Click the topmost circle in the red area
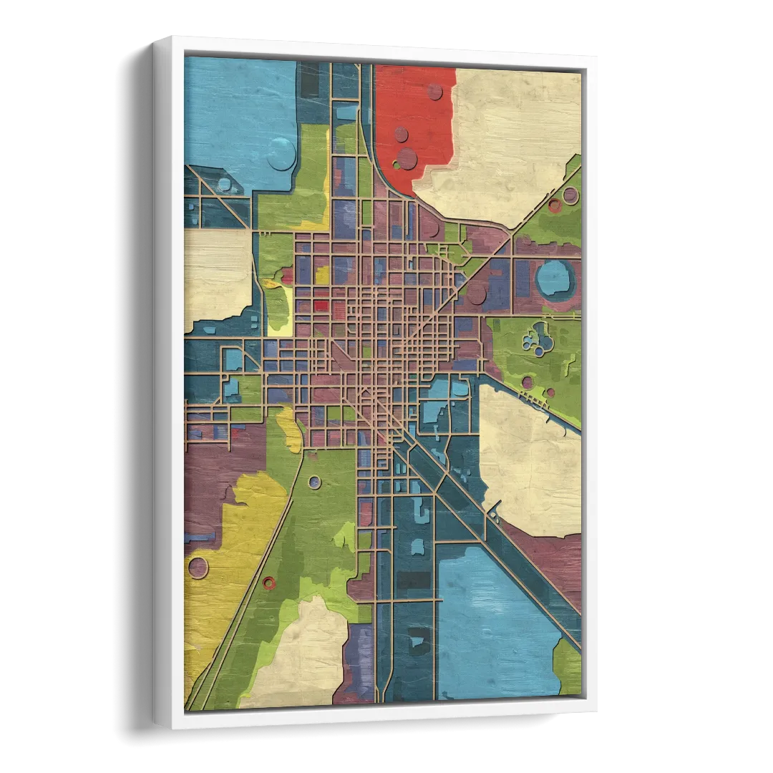434,92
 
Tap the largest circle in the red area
407,158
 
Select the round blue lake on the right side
555,278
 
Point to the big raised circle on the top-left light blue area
281,154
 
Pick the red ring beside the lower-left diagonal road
269,583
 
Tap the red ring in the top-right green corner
555,205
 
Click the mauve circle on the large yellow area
197,568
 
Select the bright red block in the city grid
321,306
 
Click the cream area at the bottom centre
304,655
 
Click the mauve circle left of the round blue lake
477,293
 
